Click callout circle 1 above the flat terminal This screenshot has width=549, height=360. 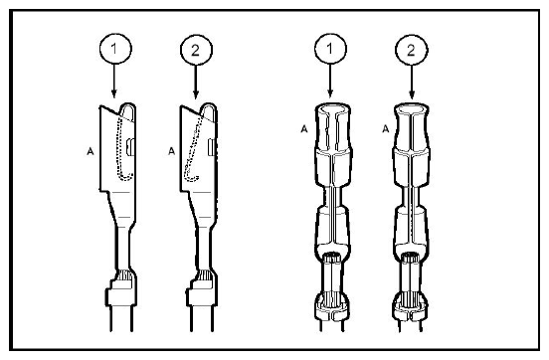point(116,49)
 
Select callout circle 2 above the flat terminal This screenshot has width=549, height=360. point(196,50)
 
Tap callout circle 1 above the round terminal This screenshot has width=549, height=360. point(330,49)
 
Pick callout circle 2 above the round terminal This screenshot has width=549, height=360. point(412,50)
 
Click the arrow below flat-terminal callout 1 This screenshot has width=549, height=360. point(114,81)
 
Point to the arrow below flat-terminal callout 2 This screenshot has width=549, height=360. point(196,83)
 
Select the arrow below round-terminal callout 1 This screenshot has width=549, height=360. point(330,81)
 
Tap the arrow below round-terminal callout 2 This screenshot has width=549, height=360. point(412,83)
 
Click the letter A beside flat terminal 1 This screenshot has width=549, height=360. point(91,151)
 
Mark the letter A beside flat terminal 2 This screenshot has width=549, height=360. point(171,151)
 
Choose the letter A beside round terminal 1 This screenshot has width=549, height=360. point(304,129)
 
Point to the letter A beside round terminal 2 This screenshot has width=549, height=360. point(386,129)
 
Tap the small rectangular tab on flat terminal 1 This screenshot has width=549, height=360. point(130,147)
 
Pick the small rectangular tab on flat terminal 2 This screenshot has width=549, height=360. point(212,147)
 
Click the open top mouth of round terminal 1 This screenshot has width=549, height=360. point(333,108)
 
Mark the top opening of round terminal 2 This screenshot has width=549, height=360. point(412,108)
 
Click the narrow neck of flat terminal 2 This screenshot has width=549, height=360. point(203,249)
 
